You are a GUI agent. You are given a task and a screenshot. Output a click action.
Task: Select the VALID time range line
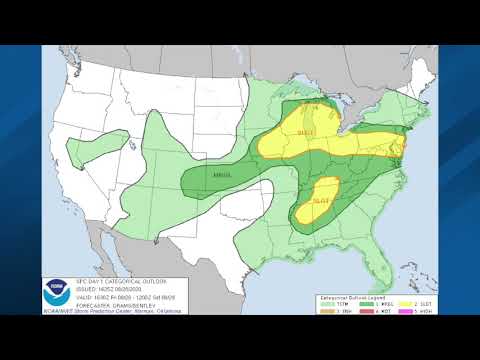tap(110, 296)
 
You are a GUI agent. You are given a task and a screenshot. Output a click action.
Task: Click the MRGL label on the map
tap(222, 177)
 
